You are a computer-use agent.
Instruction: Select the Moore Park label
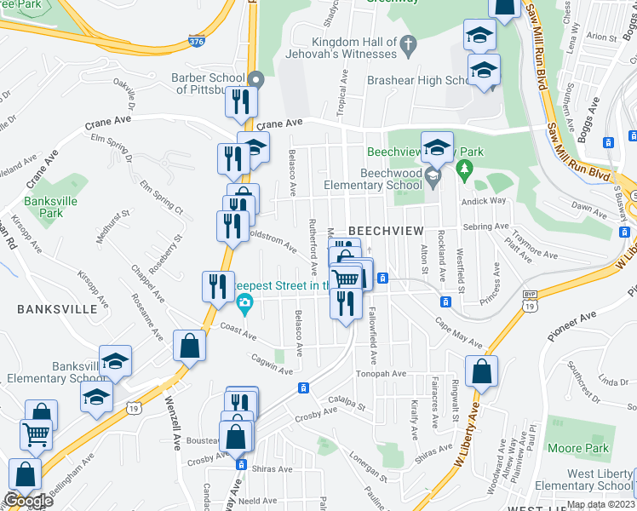click(x=578, y=448)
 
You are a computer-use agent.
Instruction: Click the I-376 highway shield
click(x=196, y=39)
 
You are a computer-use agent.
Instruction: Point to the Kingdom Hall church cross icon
click(x=408, y=43)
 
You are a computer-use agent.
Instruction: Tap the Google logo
click(x=27, y=501)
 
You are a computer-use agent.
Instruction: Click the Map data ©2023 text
click(x=600, y=504)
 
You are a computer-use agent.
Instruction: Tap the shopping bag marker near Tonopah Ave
click(x=481, y=372)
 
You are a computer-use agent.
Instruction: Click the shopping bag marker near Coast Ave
click(x=189, y=347)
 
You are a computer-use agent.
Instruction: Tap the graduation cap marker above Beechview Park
click(x=437, y=147)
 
